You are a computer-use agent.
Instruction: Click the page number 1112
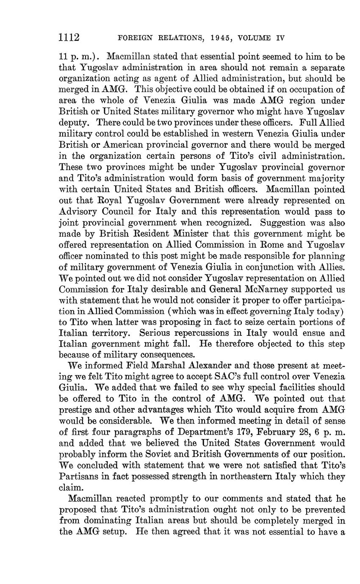tap(69, 38)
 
